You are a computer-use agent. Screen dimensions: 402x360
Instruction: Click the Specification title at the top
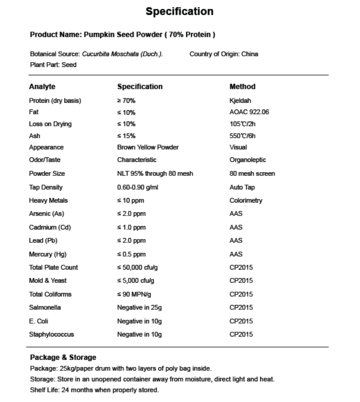click(x=180, y=11)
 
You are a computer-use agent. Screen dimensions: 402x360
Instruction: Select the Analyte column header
click(x=42, y=87)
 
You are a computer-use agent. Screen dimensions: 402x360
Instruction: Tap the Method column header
click(x=242, y=87)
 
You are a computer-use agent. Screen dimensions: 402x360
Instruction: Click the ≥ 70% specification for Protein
click(x=126, y=101)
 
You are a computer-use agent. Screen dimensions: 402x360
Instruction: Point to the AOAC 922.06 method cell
click(x=249, y=112)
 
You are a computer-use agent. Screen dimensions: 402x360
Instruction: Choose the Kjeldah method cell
click(x=240, y=101)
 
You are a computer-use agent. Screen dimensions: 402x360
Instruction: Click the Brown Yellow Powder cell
click(x=148, y=147)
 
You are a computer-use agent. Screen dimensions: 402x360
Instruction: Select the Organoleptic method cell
click(x=248, y=160)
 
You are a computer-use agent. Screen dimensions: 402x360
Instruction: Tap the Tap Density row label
click(x=46, y=187)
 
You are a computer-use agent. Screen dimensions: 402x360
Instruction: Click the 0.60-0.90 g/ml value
click(x=138, y=187)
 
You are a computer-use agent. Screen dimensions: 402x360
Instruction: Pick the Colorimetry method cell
click(x=246, y=201)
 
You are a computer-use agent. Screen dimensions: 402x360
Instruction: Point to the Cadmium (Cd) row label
click(x=46, y=228)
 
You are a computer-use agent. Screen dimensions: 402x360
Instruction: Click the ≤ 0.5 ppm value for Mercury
click(x=131, y=254)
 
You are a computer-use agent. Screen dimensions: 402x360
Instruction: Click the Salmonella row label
click(x=45, y=307)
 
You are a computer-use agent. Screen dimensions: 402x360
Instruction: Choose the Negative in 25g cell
click(x=139, y=307)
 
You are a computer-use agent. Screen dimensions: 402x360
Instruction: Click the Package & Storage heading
click(x=63, y=357)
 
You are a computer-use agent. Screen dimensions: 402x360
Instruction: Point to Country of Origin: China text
click(x=223, y=54)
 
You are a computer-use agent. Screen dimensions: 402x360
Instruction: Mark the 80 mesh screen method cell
click(x=252, y=174)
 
